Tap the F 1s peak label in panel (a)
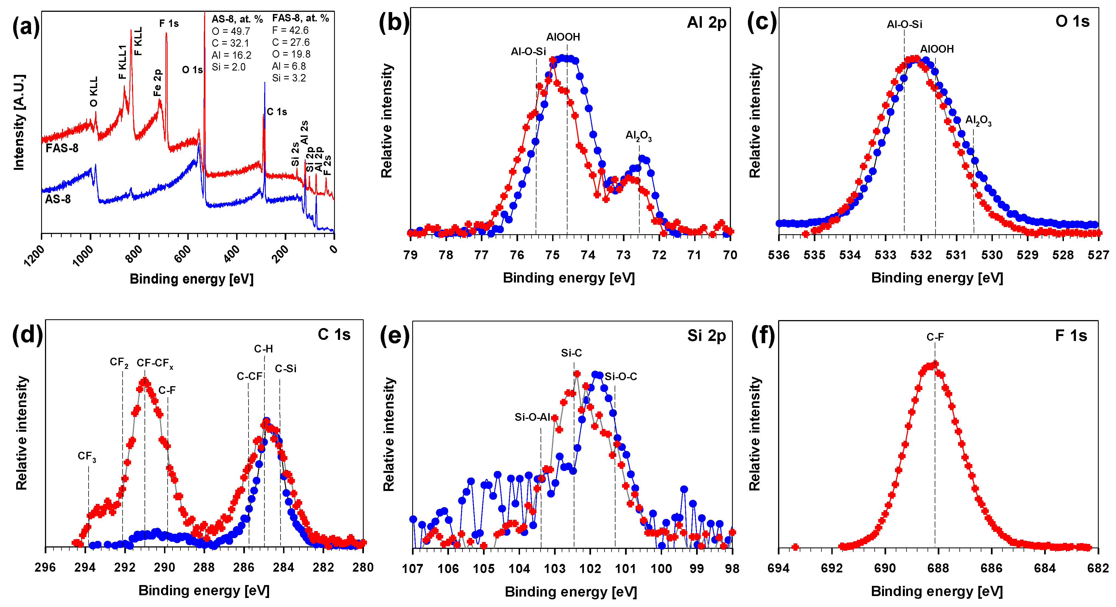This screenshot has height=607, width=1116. tap(169, 23)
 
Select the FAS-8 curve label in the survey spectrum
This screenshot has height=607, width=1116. tap(62, 148)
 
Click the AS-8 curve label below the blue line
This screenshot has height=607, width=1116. tap(58, 199)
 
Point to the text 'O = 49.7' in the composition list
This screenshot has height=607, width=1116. tap(231, 31)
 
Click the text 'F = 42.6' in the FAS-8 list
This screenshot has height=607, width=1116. tap(290, 30)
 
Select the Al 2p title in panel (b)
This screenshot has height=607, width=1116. tap(706, 22)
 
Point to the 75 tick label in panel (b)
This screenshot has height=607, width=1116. tap(552, 255)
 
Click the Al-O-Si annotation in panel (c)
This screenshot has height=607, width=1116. tap(904, 24)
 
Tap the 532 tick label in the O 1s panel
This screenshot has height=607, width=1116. tap(921, 255)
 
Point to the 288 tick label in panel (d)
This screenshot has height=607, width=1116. tap(204, 568)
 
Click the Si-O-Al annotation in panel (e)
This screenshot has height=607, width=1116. tap(532, 417)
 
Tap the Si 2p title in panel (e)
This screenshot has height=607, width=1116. tap(706, 336)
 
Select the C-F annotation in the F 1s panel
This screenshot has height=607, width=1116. tap(935, 337)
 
